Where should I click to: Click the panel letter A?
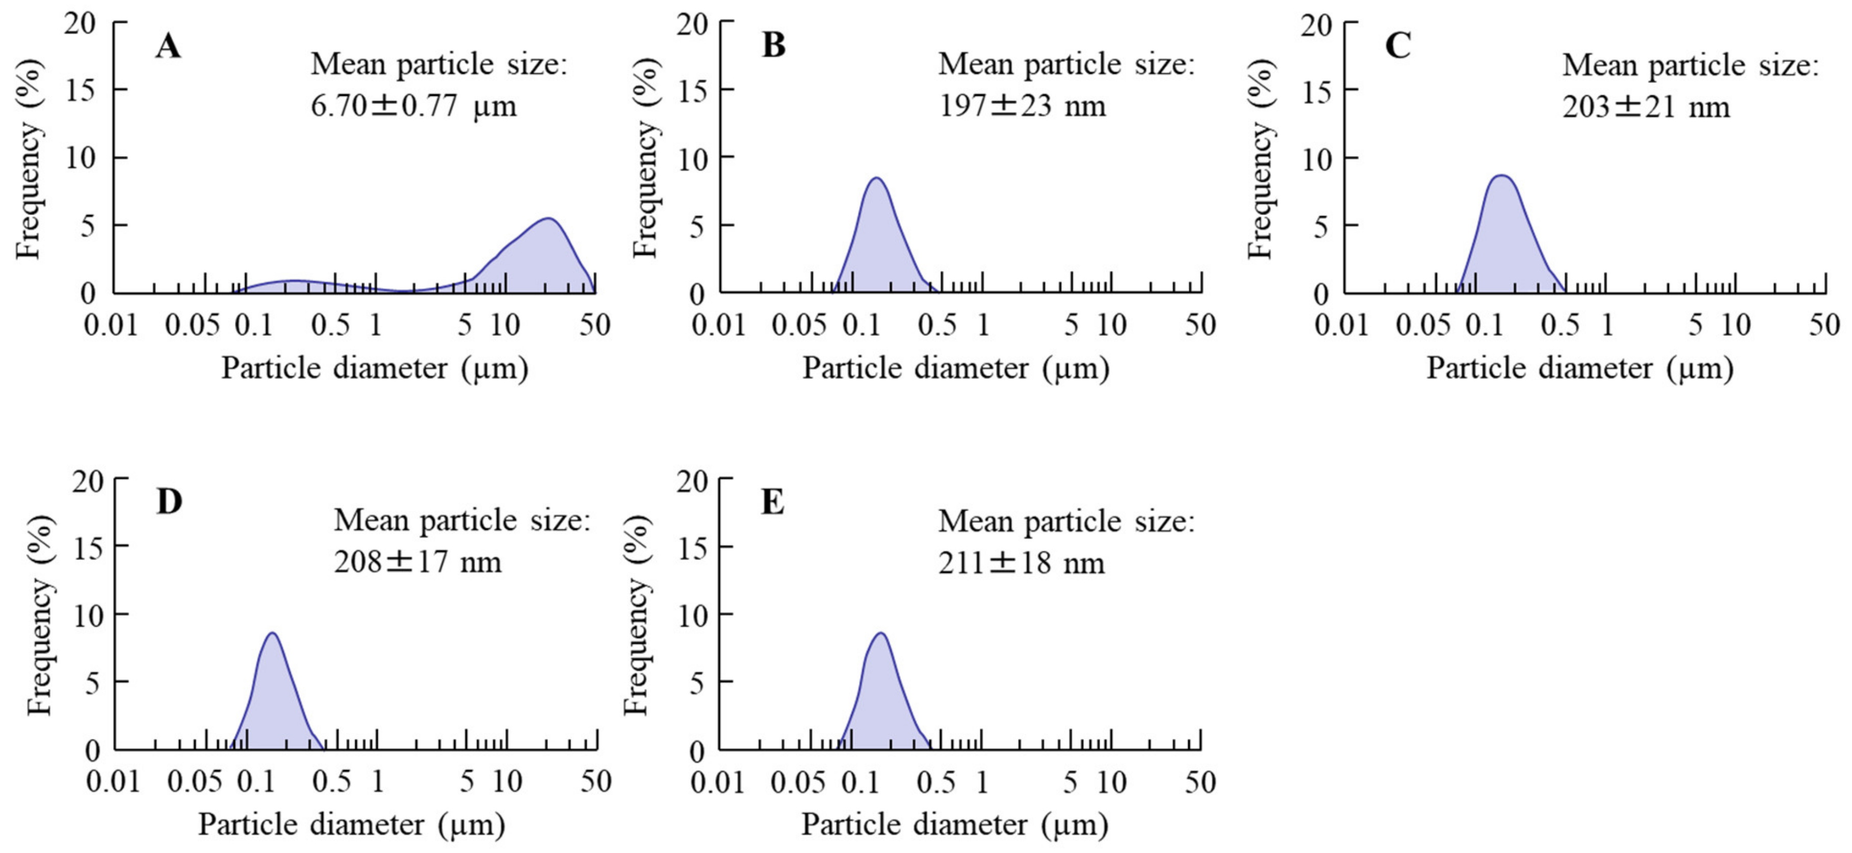(x=168, y=47)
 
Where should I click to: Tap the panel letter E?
(x=772, y=502)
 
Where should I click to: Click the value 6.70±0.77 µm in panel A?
(x=413, y=106)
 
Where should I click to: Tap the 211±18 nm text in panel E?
(x=1021, y=563)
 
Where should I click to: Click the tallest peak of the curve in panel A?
(x=549, y=219)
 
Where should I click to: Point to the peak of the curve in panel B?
(x=876, y=178)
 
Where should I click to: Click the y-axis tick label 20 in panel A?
(x=80, y=24)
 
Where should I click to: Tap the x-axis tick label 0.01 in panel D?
(x=114, y=782)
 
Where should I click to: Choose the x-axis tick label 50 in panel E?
(x=1200, y=782)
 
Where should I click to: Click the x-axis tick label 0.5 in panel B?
(x=937, y=326)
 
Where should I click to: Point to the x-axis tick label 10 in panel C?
(x=1735, y=326)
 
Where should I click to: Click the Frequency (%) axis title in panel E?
(x=636, y=617)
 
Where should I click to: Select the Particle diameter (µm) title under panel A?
(x=375, y=368)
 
